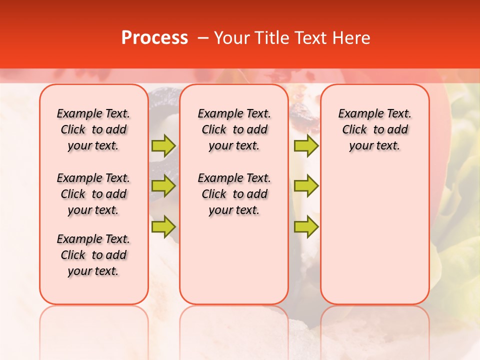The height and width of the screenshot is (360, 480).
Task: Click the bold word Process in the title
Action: [154, 38]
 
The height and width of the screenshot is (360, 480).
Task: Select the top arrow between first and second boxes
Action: [163, 145]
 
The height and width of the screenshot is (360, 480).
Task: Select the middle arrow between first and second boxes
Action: [163, 186]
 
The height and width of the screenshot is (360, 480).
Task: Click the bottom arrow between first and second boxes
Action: [163, 226]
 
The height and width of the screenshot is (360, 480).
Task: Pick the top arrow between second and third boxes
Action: [306, 145]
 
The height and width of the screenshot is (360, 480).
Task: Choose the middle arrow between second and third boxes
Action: [306, 186]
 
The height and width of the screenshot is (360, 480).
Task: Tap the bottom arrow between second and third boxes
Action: [306, 226]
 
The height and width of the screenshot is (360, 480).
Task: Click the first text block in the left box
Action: [93, 129]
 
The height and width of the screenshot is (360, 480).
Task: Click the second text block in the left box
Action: [93, 194]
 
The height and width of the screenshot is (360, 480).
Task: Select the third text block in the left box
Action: [93, 255]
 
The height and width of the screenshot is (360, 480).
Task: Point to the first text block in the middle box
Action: [234, 129]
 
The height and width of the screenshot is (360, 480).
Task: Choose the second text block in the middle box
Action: [234, 194]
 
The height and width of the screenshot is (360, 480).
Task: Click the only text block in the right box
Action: [374, 129]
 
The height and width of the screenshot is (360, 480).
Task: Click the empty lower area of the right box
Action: [374, 240]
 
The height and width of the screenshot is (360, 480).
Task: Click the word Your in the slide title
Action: [232, 38]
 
